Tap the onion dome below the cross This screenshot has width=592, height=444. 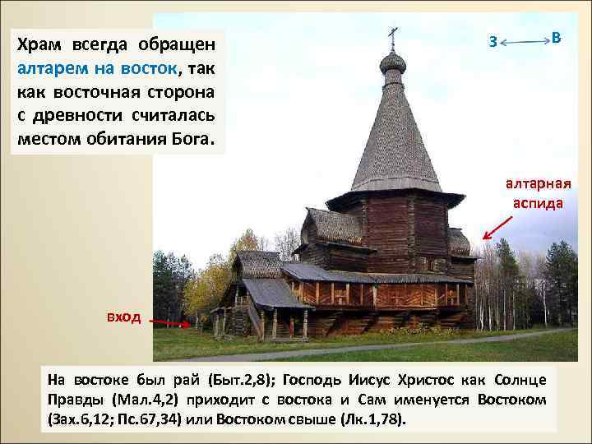(x=393, y=62)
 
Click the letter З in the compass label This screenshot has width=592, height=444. (x=492, y=42)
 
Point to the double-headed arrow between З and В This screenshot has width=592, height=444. (x=524, y=40)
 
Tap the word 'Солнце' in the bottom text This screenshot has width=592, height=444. (x=522, y=380)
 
